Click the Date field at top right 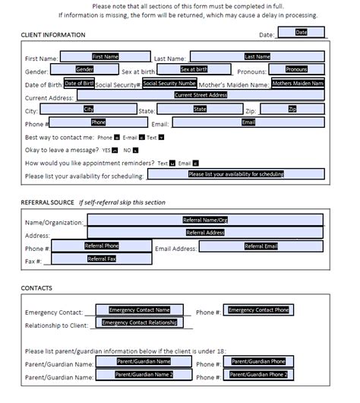tap(301, 33)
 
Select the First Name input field tap(105, 56)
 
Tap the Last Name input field tap(257, 56)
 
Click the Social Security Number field tap(169, 83)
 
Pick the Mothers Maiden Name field tap(297, 83)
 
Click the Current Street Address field tap(201, 95)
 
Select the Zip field tap(292, 109)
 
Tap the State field tap(200, 109)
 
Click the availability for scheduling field tap(235, 174)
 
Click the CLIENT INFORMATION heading tap(53, 35)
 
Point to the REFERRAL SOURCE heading tap(47, 203)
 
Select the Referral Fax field tap(101, 259)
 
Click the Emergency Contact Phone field tap(258, 310)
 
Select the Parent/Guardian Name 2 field tap(144, 374)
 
